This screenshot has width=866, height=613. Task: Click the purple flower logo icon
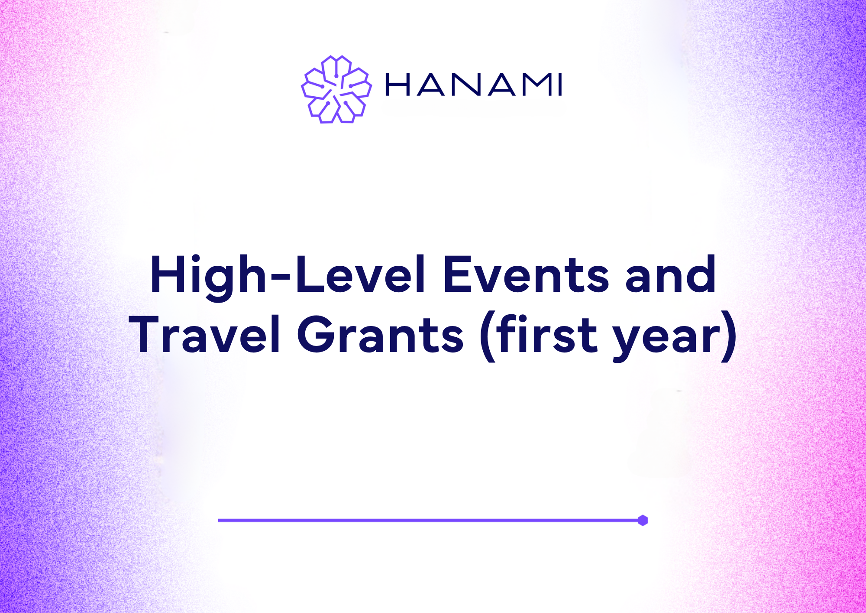[336, 89]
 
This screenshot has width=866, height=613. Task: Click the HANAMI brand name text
[474, 85]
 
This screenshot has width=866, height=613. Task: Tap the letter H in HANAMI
[397, 85]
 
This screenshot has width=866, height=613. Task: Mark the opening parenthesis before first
[487, 337]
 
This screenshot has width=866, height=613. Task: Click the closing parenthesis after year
[728, 337]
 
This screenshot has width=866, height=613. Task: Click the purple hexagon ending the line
[643, 520]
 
